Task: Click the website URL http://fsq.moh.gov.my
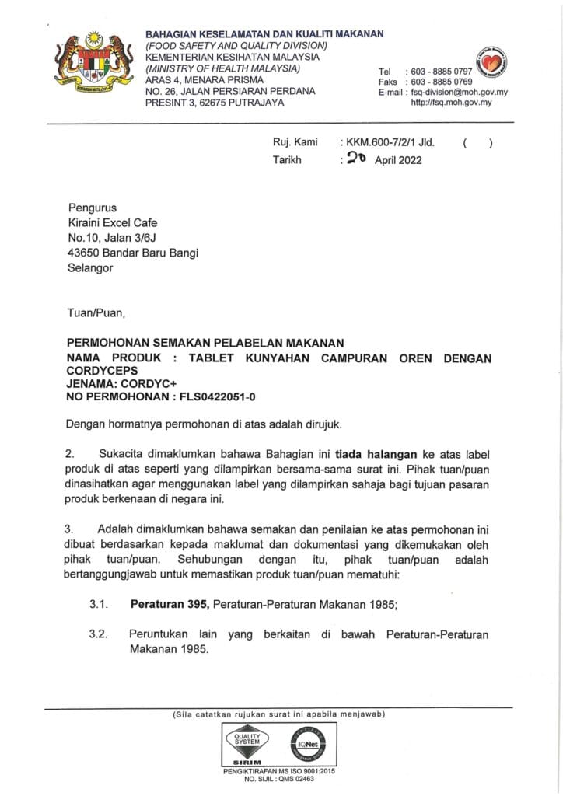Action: pyautogui.click(x=451, y=102)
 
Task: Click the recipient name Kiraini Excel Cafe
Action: pyautogui.click(x=113, y=222)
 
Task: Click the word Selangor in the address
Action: pyautogui.click(x=90, y=267)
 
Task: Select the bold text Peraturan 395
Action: pyautogui.click(x=170, y=603)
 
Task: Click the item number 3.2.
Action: pyautogui.click(x=98, y=634)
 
